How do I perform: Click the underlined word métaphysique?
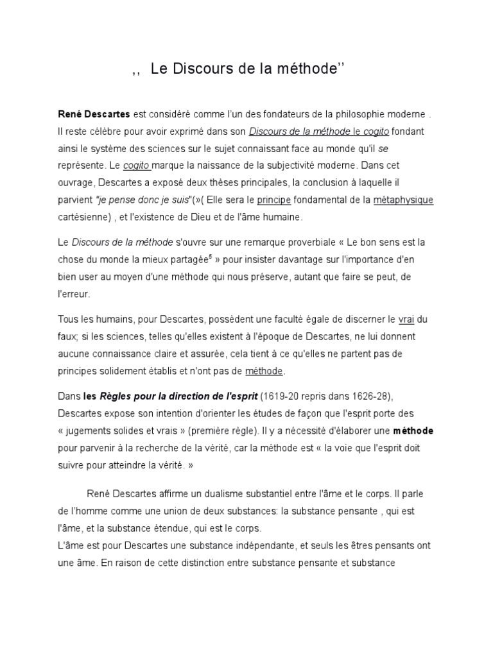pyautogui.click(x=403, y=200)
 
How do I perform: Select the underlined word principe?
pyautogui.click(x=275, y=200)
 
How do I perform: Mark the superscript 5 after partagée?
pyautogui.click(x=211, y=257)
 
